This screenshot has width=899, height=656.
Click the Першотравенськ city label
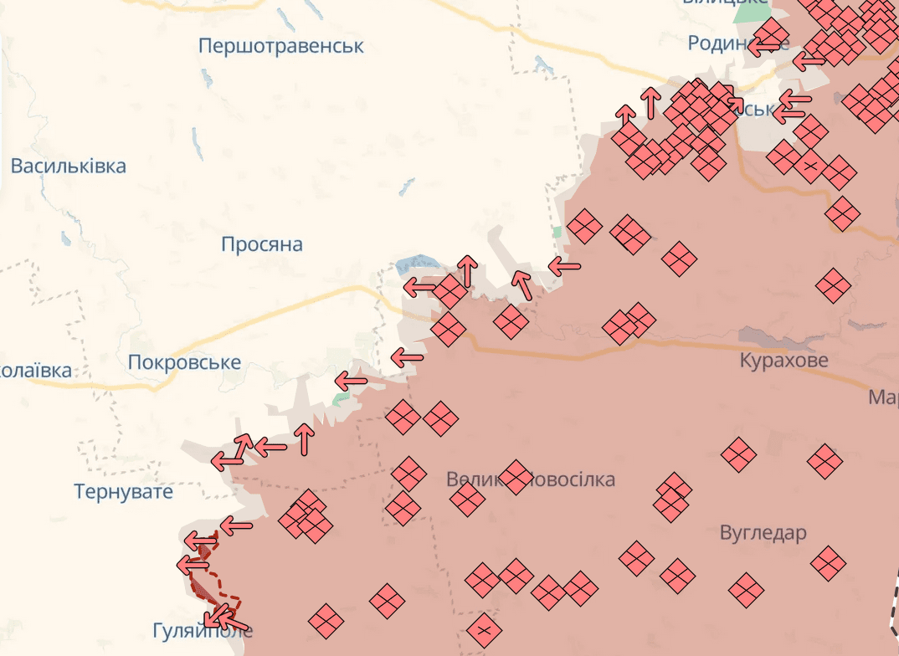tap(281, 45)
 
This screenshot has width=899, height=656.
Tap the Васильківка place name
tap(69, 166)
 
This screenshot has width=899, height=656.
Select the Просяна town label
tap(262, 244)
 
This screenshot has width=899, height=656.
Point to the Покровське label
tap(184, 362)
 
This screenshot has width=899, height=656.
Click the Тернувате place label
tap(123, 491)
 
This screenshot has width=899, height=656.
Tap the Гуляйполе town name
tap(203, 630)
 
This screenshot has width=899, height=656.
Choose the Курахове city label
tap(784, 361)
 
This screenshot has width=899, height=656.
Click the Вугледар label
tap(763, 533)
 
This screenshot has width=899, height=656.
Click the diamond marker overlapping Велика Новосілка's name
tap(515, 477)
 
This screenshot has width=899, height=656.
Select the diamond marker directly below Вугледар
tap(746, 589)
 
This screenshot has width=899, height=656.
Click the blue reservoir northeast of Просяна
tap(417, 264)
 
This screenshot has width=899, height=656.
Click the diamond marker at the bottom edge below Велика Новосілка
tap(484, 629)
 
